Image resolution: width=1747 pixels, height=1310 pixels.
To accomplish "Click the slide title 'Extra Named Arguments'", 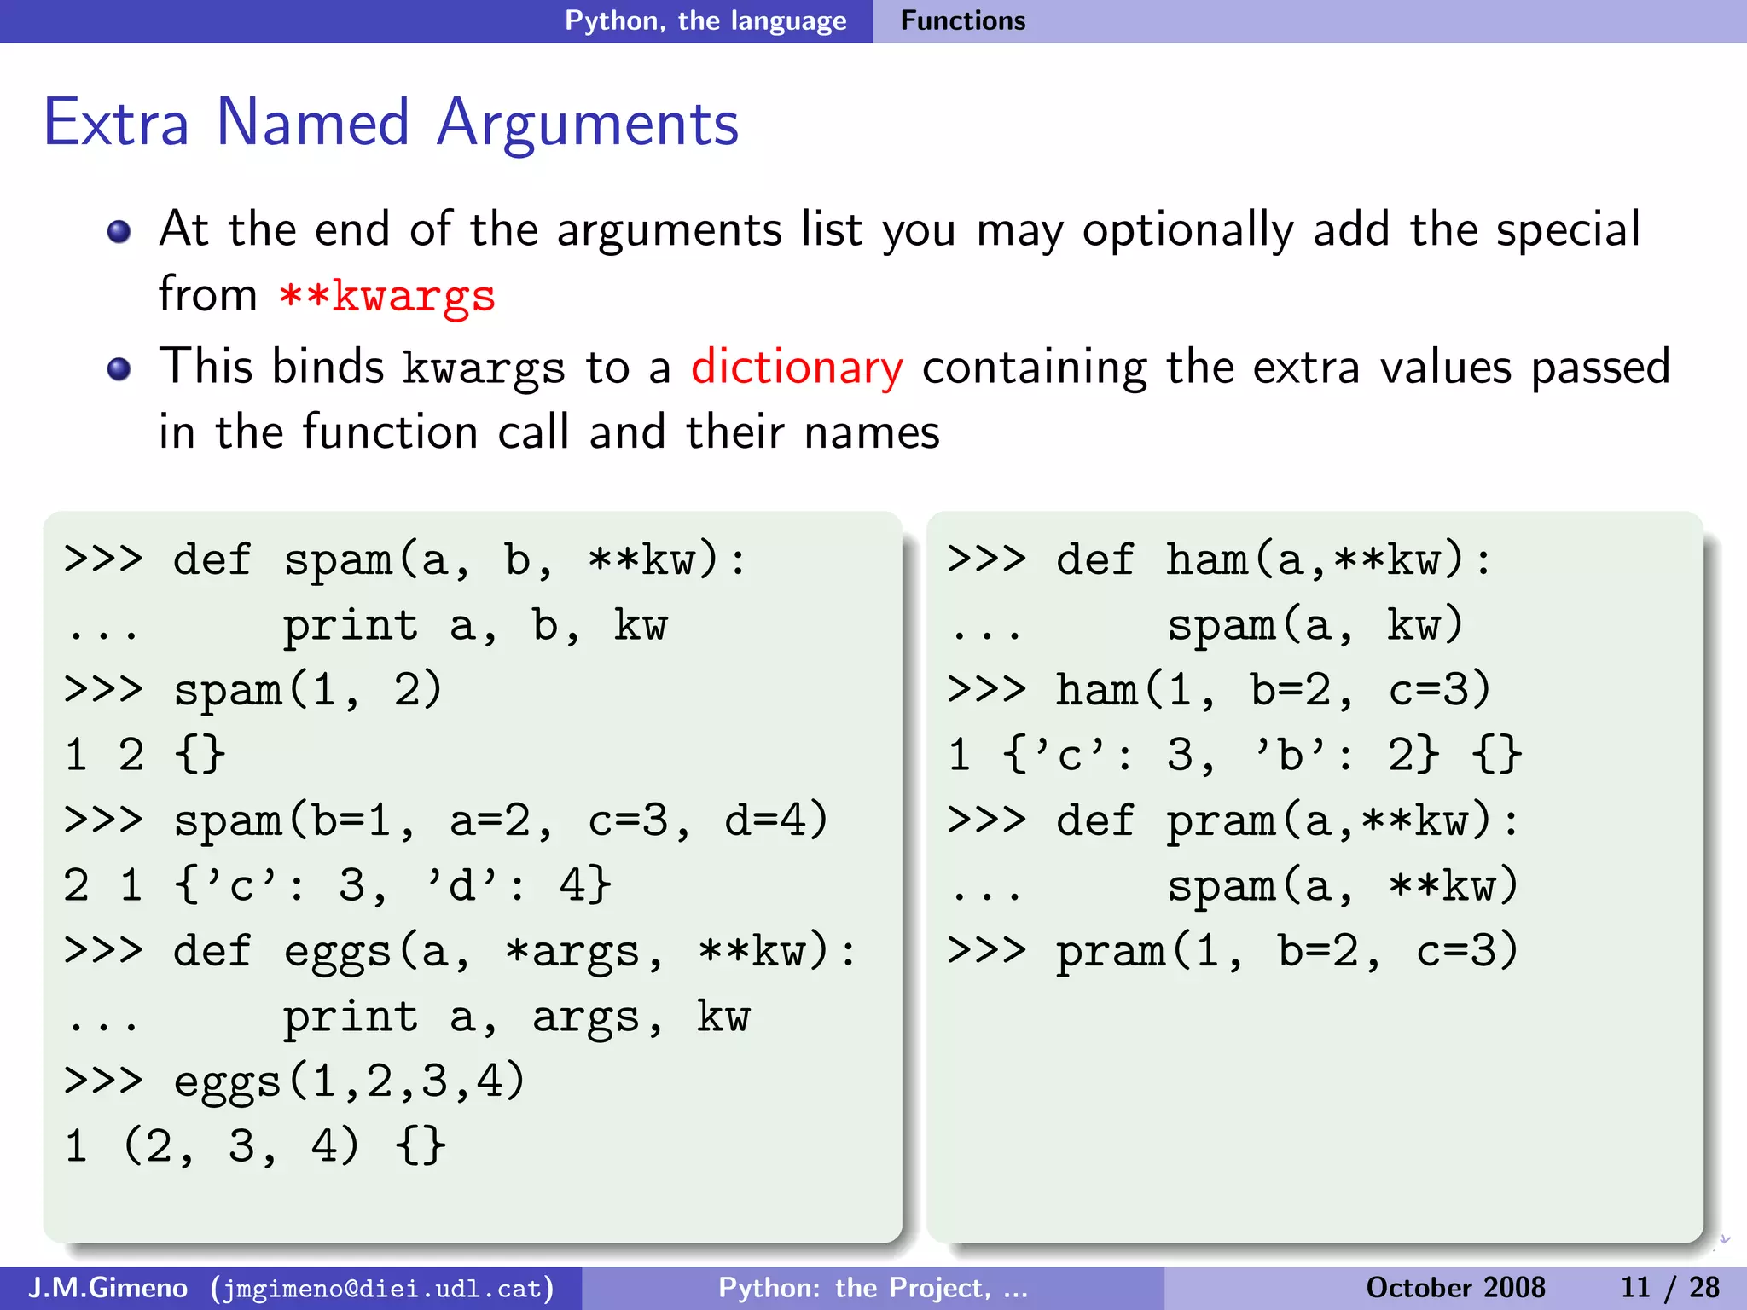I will tap(391, 124).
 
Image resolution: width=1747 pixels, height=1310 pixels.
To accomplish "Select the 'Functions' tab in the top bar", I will tap(963, 20).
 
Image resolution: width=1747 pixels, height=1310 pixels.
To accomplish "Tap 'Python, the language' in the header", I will tap(705, 20).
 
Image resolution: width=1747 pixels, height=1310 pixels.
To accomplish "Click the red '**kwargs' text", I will tap(387, 296).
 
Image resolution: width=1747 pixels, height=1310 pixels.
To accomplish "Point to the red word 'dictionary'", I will tap(796, 368).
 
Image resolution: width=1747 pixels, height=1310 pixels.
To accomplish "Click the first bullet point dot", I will tap(119, 232).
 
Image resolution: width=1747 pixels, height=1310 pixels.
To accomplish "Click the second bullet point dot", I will tap(119, 369).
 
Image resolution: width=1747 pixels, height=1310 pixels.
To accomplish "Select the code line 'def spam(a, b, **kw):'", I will tap(460, 560).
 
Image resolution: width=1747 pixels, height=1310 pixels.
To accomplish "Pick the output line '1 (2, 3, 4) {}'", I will tap(254, 1145).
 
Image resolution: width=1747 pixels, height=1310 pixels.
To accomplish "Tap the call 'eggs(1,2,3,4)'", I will tap(350, 1081).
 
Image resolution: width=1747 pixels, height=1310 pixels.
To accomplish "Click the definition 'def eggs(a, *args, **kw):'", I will tap(515, 951).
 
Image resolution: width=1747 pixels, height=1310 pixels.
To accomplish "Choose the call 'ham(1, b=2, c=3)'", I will tap(1274, 690).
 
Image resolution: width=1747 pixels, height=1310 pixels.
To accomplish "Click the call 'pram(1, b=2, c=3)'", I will tap(1287, 951).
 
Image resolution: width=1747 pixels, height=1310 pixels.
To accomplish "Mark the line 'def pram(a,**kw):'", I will tap(1287, 820).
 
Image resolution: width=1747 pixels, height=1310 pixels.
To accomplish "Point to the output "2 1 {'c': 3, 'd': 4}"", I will tap(338, 885).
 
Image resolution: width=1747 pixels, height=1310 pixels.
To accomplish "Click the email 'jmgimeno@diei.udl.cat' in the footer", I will tap(382, 1288).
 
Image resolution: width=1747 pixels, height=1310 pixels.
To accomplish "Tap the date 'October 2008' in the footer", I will tap(1455, 1288).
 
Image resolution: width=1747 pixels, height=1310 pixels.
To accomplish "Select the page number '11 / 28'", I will tap(1669, 1288).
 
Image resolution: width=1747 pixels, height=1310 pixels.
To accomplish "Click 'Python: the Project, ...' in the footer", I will tap(873, 1288).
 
